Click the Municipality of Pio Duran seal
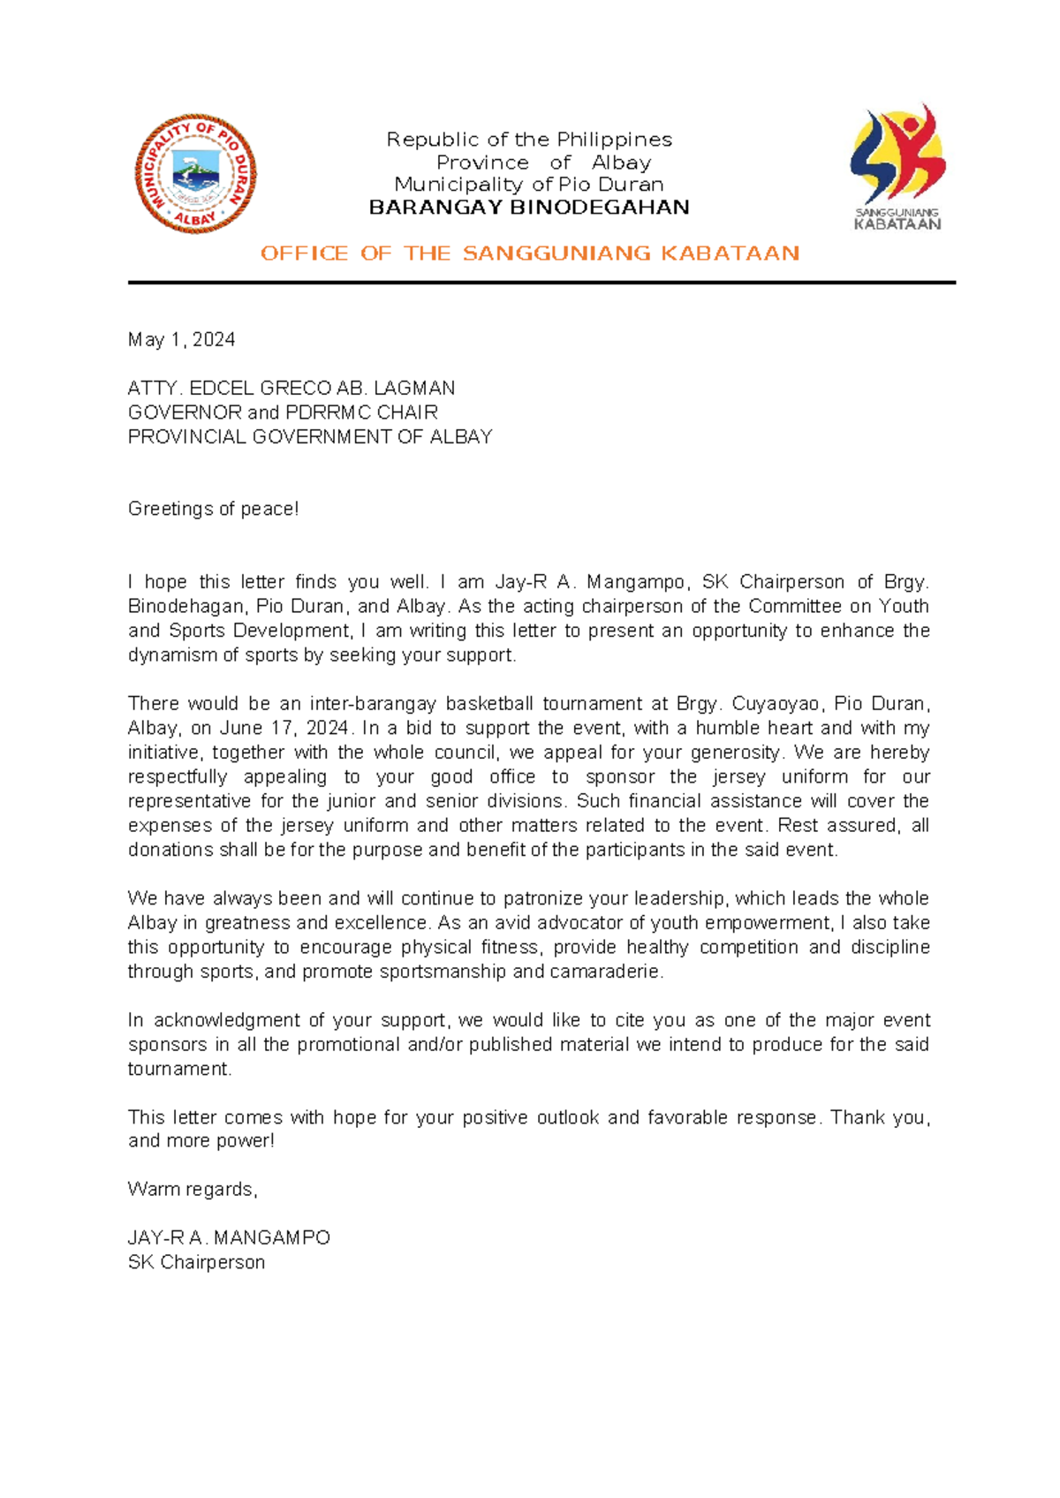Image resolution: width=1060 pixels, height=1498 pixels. point(195,173)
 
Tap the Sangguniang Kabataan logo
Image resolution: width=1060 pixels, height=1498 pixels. point(897,168)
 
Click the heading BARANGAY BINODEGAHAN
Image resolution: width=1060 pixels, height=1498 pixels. point(528,208)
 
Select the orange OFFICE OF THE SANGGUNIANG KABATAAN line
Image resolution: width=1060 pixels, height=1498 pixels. point(530,253)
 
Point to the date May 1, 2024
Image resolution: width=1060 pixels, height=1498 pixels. point(181,340)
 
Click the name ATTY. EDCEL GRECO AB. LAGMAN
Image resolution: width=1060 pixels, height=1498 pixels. point(291,389)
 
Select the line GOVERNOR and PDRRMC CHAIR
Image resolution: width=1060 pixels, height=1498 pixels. point(283,412)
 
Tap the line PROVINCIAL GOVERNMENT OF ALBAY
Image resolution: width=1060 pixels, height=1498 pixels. point(310,437)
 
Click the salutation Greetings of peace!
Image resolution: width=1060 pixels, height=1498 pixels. point(213,509)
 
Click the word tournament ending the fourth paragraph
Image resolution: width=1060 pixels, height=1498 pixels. point(178,1069)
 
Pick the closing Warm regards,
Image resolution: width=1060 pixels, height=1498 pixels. point(193,1190)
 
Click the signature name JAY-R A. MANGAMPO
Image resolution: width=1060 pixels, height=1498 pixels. point(229,1238)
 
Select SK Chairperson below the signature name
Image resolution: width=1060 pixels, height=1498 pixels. point(196,1262)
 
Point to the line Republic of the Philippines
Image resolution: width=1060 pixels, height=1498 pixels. point(528,140)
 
